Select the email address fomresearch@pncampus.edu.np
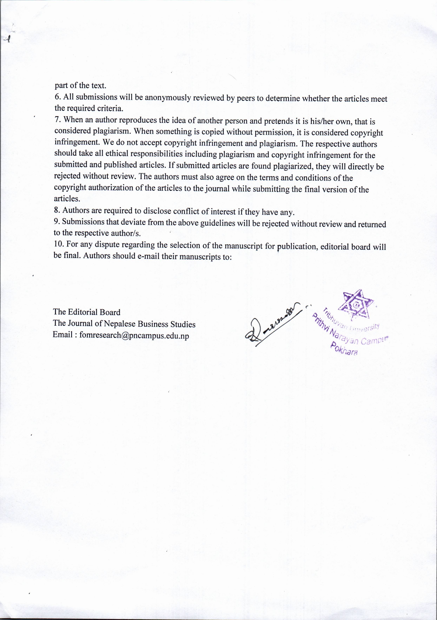click(x=134, y=336)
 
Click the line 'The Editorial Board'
click(x=87, y=312)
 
